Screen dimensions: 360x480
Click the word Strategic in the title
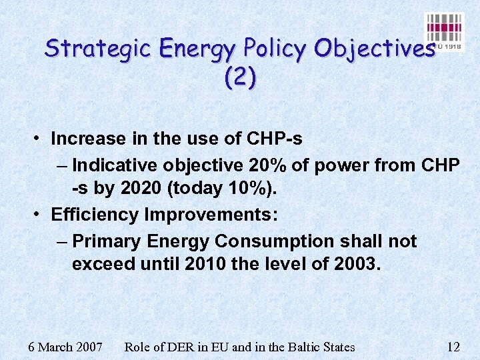100,49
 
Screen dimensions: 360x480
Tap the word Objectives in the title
374,49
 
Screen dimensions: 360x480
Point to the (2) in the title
240,79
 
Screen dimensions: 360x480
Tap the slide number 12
453,347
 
